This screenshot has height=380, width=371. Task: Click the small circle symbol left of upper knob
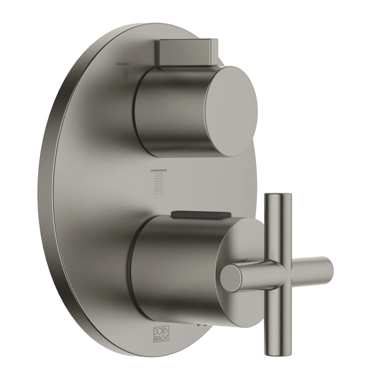point(123,143)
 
